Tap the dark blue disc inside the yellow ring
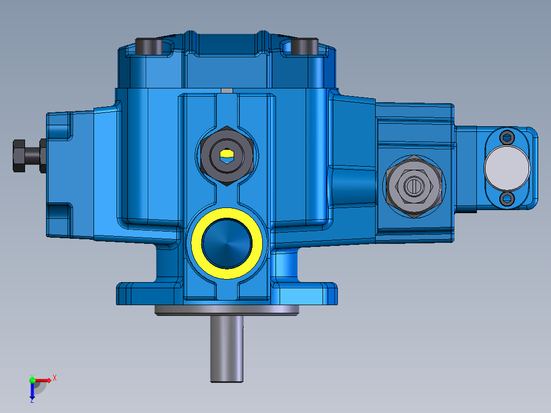227,243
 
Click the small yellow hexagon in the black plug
225,153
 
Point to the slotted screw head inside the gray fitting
413,187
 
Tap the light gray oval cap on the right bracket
507,167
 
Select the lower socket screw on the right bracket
507,199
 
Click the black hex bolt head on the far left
18,155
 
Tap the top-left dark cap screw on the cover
149,47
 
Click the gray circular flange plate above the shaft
226,310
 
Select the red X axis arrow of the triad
45,380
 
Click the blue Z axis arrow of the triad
32,392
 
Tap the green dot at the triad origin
32,379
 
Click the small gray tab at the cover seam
226,91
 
